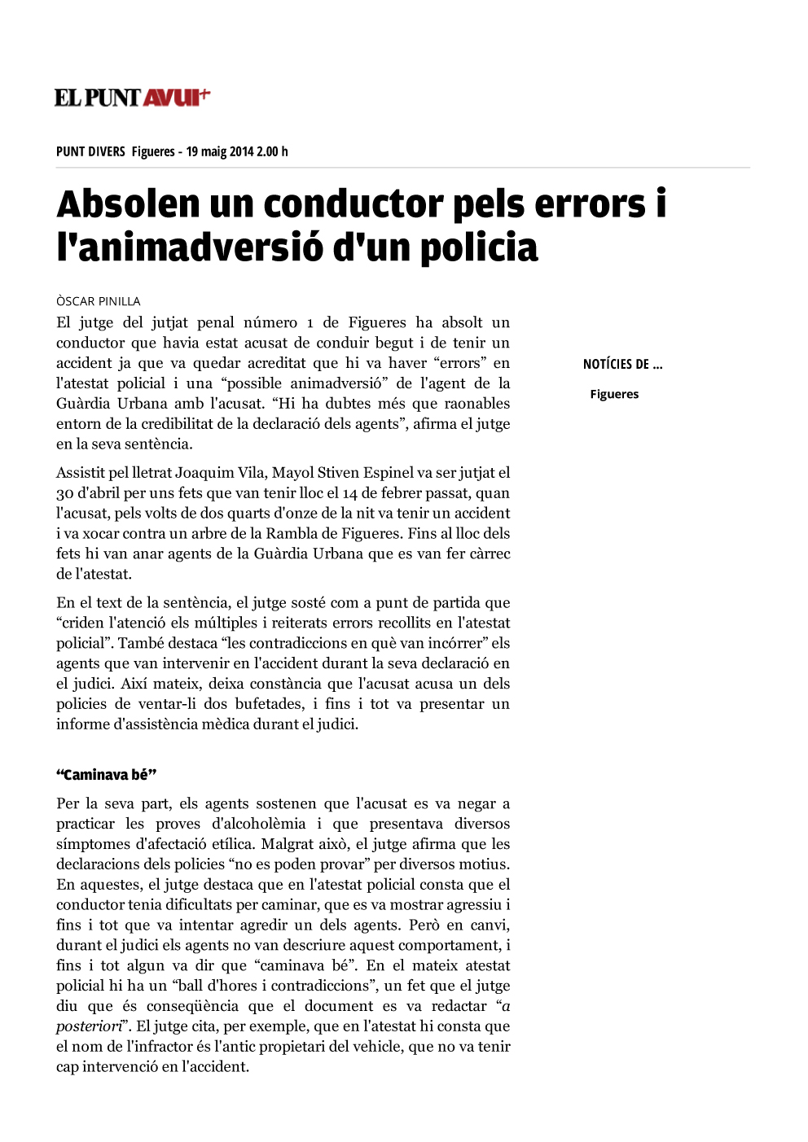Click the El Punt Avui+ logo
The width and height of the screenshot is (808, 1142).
(x=132, y=98)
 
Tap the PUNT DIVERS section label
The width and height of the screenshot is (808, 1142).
(x=90, y=151)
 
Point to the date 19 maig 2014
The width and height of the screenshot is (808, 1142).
(x=219, y=151)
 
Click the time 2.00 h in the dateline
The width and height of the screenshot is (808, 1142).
(x=272, y=151)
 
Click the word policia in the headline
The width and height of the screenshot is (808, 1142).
(x=479, y=247)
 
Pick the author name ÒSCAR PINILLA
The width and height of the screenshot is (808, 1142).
(x=99, y=301)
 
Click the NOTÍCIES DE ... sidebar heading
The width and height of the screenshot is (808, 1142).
(x=622, y=365)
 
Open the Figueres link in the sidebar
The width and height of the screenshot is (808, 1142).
(x=614, y=394)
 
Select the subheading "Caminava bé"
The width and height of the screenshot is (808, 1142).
(x=106, y=775)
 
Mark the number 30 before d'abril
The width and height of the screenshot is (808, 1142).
(x=65, y=493)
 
